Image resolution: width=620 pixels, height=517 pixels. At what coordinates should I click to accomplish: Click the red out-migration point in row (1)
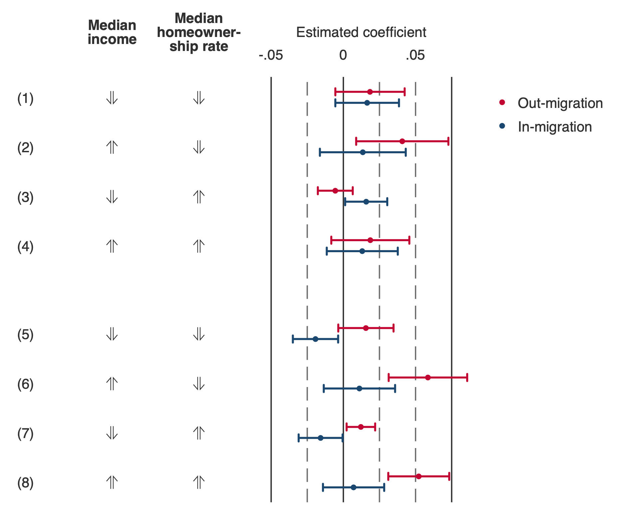[x=370, y=92]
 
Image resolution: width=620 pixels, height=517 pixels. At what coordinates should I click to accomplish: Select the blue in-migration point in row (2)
[x=363, y=152]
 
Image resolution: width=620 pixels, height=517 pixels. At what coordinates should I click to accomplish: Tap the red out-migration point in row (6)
[x=428, y=377]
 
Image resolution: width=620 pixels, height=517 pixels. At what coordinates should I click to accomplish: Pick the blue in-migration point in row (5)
[x=315, y=339]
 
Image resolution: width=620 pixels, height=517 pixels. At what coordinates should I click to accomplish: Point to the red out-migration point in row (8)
[x=419, y=476]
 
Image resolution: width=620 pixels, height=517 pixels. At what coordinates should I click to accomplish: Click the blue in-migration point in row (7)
[x=320, y=438]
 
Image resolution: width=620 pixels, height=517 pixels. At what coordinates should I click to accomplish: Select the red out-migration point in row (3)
[x=335, y=191]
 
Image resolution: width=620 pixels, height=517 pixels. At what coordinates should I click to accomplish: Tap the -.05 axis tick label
[x=271, y=55]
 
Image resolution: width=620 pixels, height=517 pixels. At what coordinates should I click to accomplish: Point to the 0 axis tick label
[x=343, y=55]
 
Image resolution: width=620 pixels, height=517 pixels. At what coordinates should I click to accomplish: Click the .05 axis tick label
[x=415, y=55]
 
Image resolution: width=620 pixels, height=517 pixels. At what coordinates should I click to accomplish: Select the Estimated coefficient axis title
[x=361, y=33]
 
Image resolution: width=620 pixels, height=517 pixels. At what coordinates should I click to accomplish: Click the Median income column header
[x=112, y=32]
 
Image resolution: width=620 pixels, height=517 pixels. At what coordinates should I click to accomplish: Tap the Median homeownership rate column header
[x=199, y=32]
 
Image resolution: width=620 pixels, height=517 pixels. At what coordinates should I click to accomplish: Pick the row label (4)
[x=25, y=247]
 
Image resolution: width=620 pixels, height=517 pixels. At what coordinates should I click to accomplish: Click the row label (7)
[x=25, y=434]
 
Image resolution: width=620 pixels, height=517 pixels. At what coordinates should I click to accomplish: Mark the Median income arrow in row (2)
[x=112, y=147]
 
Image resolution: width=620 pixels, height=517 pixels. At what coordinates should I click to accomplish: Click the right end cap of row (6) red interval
[x=467, y=377]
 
